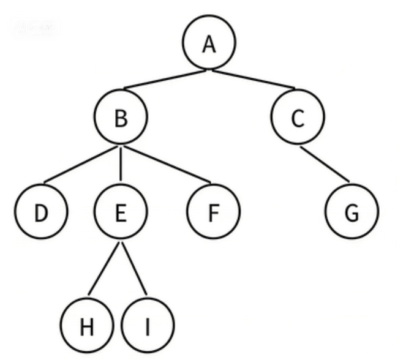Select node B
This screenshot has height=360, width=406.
point(121,118)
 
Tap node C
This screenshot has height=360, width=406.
point(297,118)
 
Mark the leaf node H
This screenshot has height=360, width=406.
point(86,327)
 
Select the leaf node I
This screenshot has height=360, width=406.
point(147,327)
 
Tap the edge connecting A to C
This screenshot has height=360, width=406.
point(254,78)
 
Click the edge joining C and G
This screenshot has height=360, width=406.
point(325,164)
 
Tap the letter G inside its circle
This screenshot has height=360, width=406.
point(351,214)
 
